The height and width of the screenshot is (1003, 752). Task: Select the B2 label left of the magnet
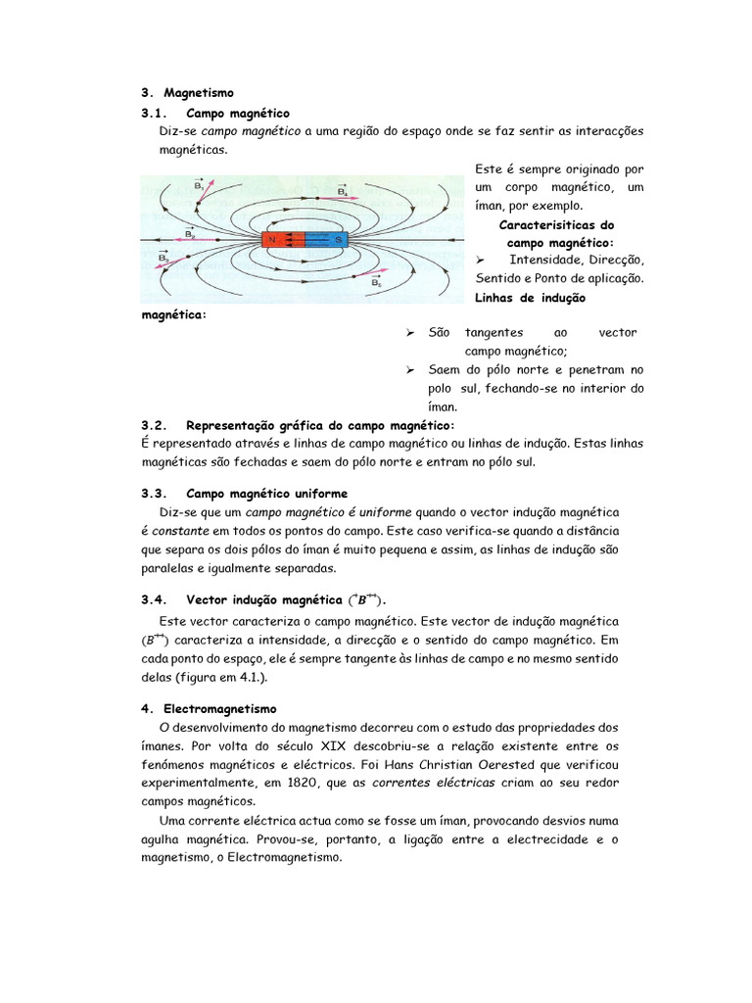pos(190,234)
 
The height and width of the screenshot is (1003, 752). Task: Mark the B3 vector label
pos(164,259)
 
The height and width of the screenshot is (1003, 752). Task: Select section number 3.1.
pos(155,114)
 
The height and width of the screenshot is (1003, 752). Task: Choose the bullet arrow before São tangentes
pos(410,333)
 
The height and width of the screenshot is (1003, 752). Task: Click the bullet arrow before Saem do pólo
pos(410,370)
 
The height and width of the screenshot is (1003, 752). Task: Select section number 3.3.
pos(155,493)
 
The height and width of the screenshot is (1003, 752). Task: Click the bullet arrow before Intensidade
pos(480,260)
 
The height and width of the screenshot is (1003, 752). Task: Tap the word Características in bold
pos(559,224)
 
